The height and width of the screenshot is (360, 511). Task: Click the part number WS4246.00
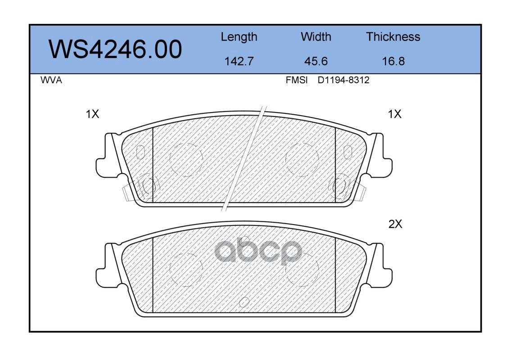pos(115,49)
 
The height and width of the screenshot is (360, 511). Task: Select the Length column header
pos(239,37)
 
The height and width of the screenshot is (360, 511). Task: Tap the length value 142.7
pos(239,61)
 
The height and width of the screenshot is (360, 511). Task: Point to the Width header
pos(316,36)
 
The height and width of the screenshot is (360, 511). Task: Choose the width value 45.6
pos(316,61)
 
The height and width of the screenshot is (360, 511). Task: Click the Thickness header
pos(393,36)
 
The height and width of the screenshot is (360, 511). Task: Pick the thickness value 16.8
pos(393,61)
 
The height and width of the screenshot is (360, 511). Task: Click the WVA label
pos(51,80)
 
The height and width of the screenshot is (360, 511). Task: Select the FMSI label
pos(297,80)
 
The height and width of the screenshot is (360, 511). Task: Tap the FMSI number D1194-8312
pos(344,80)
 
